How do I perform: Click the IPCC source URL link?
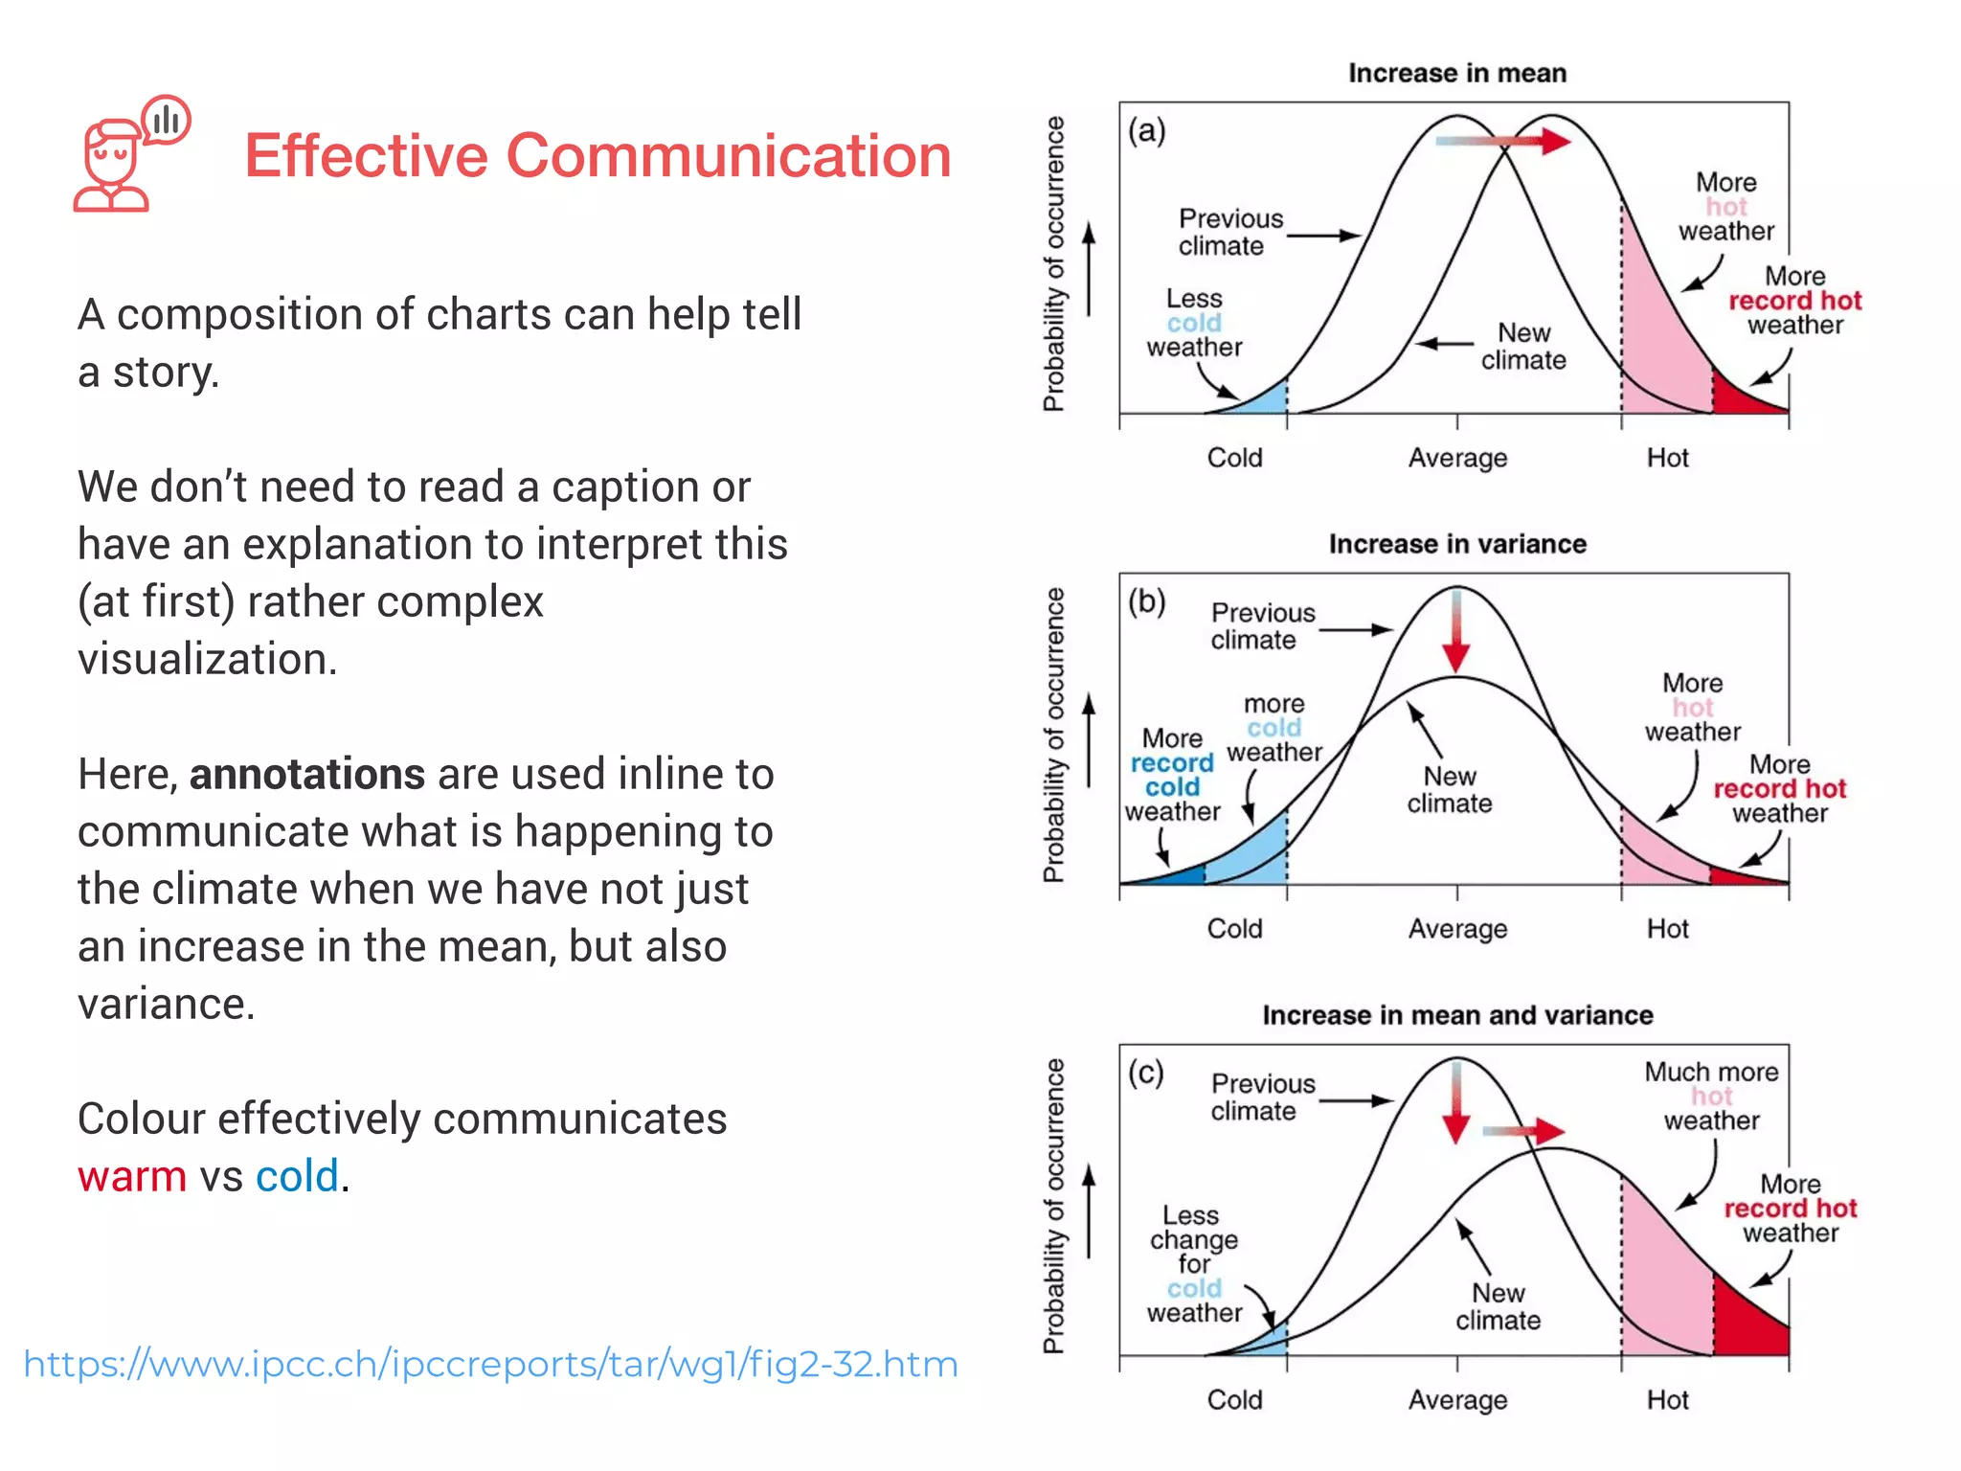click(x=490, y=1364)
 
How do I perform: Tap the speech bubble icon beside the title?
click(x=167, y=121)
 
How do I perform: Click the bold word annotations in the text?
click(x=306, y=774)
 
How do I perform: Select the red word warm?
click(x=132, y=1176)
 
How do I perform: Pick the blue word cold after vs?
click(x=297, y=1176)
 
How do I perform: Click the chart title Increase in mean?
click(x=1456, y=74)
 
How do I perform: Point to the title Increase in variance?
click(x=1456, y=544)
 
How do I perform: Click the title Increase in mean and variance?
click(x=1456, y=1015)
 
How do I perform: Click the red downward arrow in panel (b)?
click(x=1456, y=632)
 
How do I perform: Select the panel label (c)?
click(x=1146, y=1073)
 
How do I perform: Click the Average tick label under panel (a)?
click(x=1456, y=458)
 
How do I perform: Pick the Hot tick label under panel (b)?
click(x=1667, y=929)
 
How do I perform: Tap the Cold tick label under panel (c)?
click(x=1234, y=1400)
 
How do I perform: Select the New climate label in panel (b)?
click(x=1449, y=789)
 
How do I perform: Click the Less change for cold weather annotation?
click(x=1193, y=1264)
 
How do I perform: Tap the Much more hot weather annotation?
click(x=1711, y=1096)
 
